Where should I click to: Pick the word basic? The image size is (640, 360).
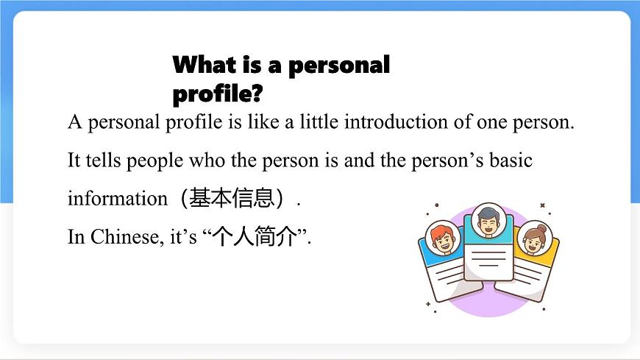click(512, 160)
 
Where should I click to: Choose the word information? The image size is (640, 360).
click(107, 198)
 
